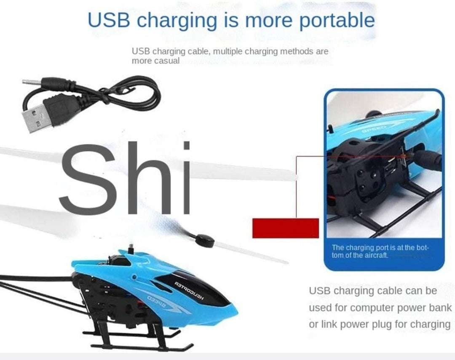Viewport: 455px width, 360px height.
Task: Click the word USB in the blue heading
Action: tap(109, 21)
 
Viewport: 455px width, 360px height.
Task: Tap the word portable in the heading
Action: tap(337, 21)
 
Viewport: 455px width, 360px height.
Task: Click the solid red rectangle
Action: tap(285, 228)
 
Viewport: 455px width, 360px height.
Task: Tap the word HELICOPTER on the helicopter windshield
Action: tap(190, 291)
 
